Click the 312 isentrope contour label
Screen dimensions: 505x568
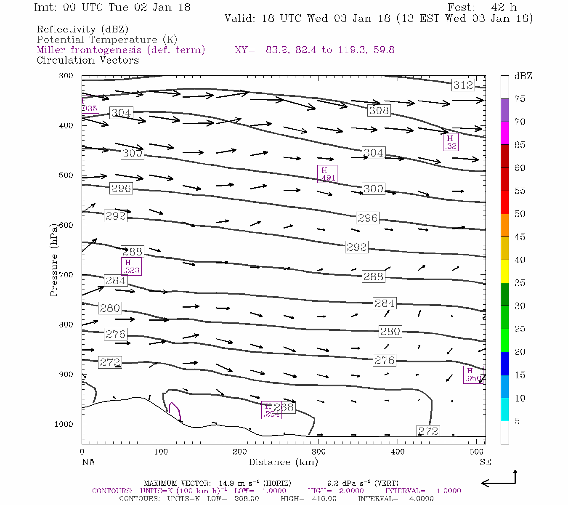[x=463, y=85]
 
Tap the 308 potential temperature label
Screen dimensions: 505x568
[x=379, y=111]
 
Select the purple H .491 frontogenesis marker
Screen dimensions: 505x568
[x=327, y=174]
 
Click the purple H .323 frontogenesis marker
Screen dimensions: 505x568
[x=131, y=267]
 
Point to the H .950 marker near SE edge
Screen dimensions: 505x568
[x=473, y=375]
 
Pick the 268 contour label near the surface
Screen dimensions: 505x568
[x=284, y=407]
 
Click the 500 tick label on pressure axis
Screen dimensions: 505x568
[x=66, y=175]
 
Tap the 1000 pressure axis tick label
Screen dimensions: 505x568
[x=64, y=424]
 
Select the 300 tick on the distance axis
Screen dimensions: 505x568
[x=319, y=452]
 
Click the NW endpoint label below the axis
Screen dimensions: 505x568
[x=88, y=462]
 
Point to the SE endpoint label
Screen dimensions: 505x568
[x=485, y=462]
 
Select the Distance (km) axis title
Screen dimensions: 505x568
[x=283, y=462]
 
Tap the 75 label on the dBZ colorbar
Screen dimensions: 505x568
[x=520, y=99]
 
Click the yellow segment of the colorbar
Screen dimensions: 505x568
[x=504, y=271]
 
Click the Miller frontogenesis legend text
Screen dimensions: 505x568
[x=121, y=50]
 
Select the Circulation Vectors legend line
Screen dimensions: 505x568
[x=88, y=60]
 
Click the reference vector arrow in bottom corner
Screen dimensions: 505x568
[x=499, y=480]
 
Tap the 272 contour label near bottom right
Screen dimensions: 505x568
[x=428, y=431]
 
